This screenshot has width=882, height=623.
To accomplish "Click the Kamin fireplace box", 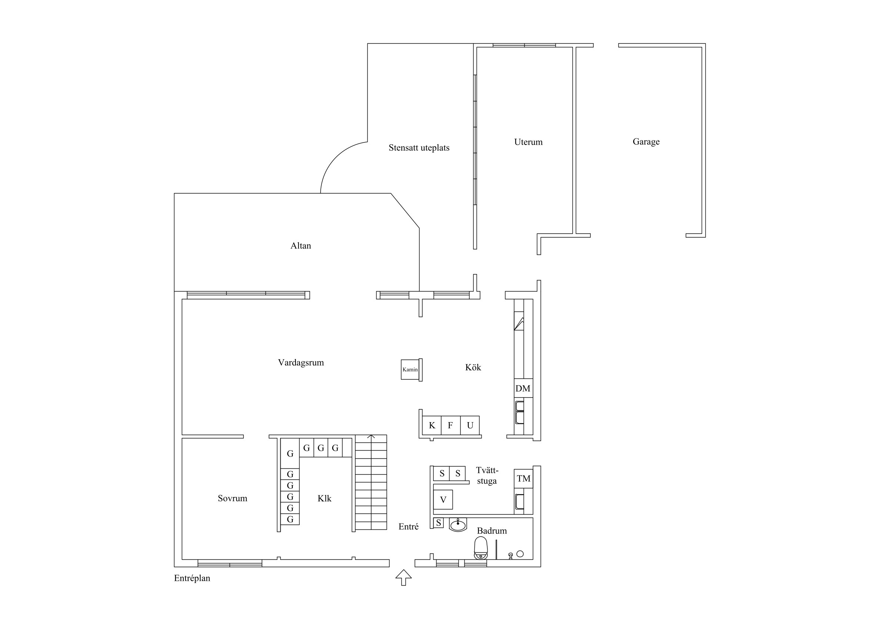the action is tap(410, 370).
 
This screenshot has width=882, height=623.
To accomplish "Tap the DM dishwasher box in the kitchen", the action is tap(523, 388).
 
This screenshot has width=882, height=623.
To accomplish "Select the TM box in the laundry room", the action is tap(524, 479).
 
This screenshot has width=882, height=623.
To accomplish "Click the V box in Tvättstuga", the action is tap(443, 499).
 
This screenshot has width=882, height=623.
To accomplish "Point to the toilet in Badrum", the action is tap(481, 548).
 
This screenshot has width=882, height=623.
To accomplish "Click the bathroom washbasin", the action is tap(458, 525).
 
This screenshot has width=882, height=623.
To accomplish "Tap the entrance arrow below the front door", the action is tap(403, 577).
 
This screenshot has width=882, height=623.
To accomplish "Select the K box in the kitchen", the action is tap(432, 425).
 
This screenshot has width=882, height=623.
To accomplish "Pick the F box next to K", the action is tap(451, 425).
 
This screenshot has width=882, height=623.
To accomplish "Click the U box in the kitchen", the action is tap(470, 425).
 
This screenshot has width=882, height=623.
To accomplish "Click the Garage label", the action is tap(646, 142).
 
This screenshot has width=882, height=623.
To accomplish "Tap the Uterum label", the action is tap(528, 142).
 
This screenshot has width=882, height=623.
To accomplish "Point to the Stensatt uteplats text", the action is tap(419, 148).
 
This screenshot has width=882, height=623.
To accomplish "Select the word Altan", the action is tap(300, 246).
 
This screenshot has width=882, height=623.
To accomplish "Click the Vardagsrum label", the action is tap(301, 363).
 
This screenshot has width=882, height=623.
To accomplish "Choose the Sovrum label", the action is tap(233, 498).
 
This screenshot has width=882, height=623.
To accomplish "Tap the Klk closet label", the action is tap(324, 498).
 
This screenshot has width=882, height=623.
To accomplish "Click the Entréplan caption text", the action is tap(192, 579).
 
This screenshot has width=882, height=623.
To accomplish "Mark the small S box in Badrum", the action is tap(438, 523).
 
